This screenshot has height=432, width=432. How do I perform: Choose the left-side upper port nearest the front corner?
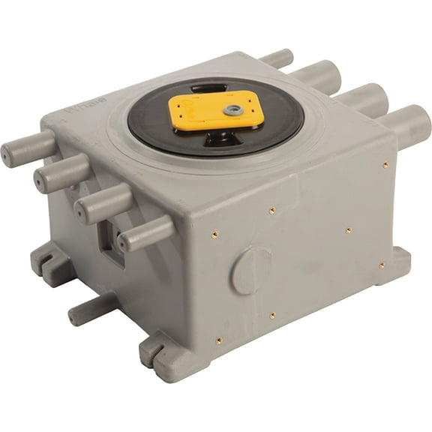pyautogui.click(x=145, y=234)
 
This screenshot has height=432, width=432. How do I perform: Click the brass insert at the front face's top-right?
pyautogui.click(x=385, y=164)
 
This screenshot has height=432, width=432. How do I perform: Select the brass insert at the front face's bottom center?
pyautogui.click(x=273, y=316)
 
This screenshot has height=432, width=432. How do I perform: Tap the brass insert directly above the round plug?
pyautogui.click(x=271, y=211)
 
